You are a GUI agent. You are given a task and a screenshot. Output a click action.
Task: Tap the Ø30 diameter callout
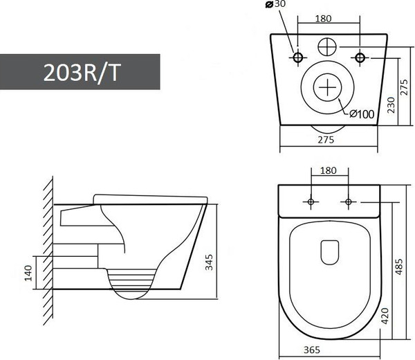pos(275,4)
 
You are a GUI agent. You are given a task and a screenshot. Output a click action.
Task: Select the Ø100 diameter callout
pos(361,114)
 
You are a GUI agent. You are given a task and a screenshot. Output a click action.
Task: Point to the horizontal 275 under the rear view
pos(326,140)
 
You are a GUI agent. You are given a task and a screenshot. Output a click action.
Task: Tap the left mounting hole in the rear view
pos(299,55)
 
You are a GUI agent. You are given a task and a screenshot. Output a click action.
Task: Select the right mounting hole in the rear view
pos(360,55)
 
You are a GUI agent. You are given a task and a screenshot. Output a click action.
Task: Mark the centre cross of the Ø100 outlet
pos(329,89)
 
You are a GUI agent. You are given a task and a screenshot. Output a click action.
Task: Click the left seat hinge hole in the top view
pos(310,201)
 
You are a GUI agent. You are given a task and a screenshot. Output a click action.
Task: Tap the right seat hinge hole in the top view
pos(347,201)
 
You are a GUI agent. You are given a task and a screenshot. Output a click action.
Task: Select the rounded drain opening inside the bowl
pos(329,251)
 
